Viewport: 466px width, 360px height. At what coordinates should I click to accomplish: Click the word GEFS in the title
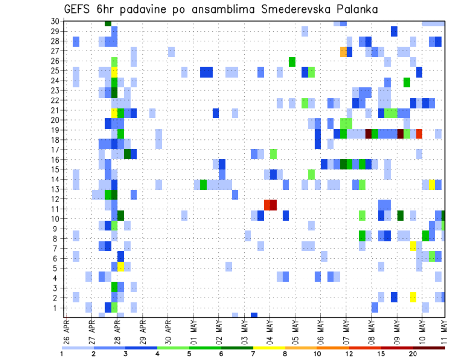click(78, 10)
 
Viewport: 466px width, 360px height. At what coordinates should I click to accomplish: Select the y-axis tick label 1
click(57, 308)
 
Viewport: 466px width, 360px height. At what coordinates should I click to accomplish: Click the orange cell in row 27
click(343, 51)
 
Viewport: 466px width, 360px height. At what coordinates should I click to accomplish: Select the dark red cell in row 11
click(273, 205)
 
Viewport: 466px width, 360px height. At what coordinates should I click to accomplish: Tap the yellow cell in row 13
click(432, 184)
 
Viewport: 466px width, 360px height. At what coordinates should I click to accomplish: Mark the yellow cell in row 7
click(413, 246)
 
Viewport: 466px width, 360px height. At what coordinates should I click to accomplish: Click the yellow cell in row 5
click(121, 266)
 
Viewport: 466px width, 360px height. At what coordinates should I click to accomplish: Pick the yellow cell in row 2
click(413, 297)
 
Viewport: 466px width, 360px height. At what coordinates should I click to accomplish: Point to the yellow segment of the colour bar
click(269, 348)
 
